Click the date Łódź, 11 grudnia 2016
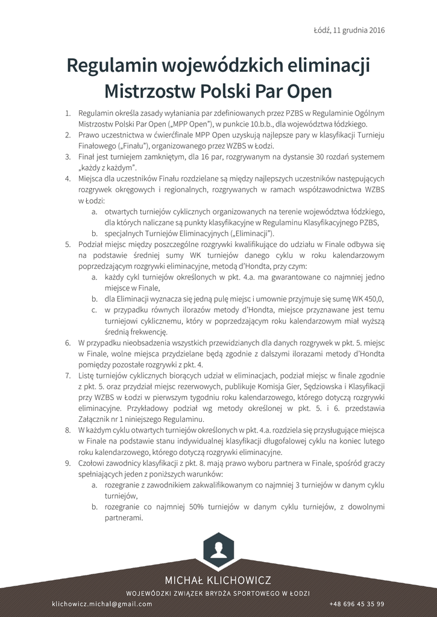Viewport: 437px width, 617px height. click(350, 30)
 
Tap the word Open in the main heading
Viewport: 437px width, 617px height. click(305, 91)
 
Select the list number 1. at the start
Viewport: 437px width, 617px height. click(68, 113)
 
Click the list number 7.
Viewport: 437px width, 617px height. click(68, 375)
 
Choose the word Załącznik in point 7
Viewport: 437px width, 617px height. click(95, 419)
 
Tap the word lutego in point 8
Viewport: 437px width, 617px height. click(374, 441)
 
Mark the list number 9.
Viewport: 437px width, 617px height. click(68, 463)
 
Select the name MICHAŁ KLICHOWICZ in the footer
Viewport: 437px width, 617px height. click(218, 580)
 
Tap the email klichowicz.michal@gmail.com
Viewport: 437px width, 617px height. click(102, 604)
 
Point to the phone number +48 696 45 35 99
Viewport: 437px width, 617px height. click(357, 604)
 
